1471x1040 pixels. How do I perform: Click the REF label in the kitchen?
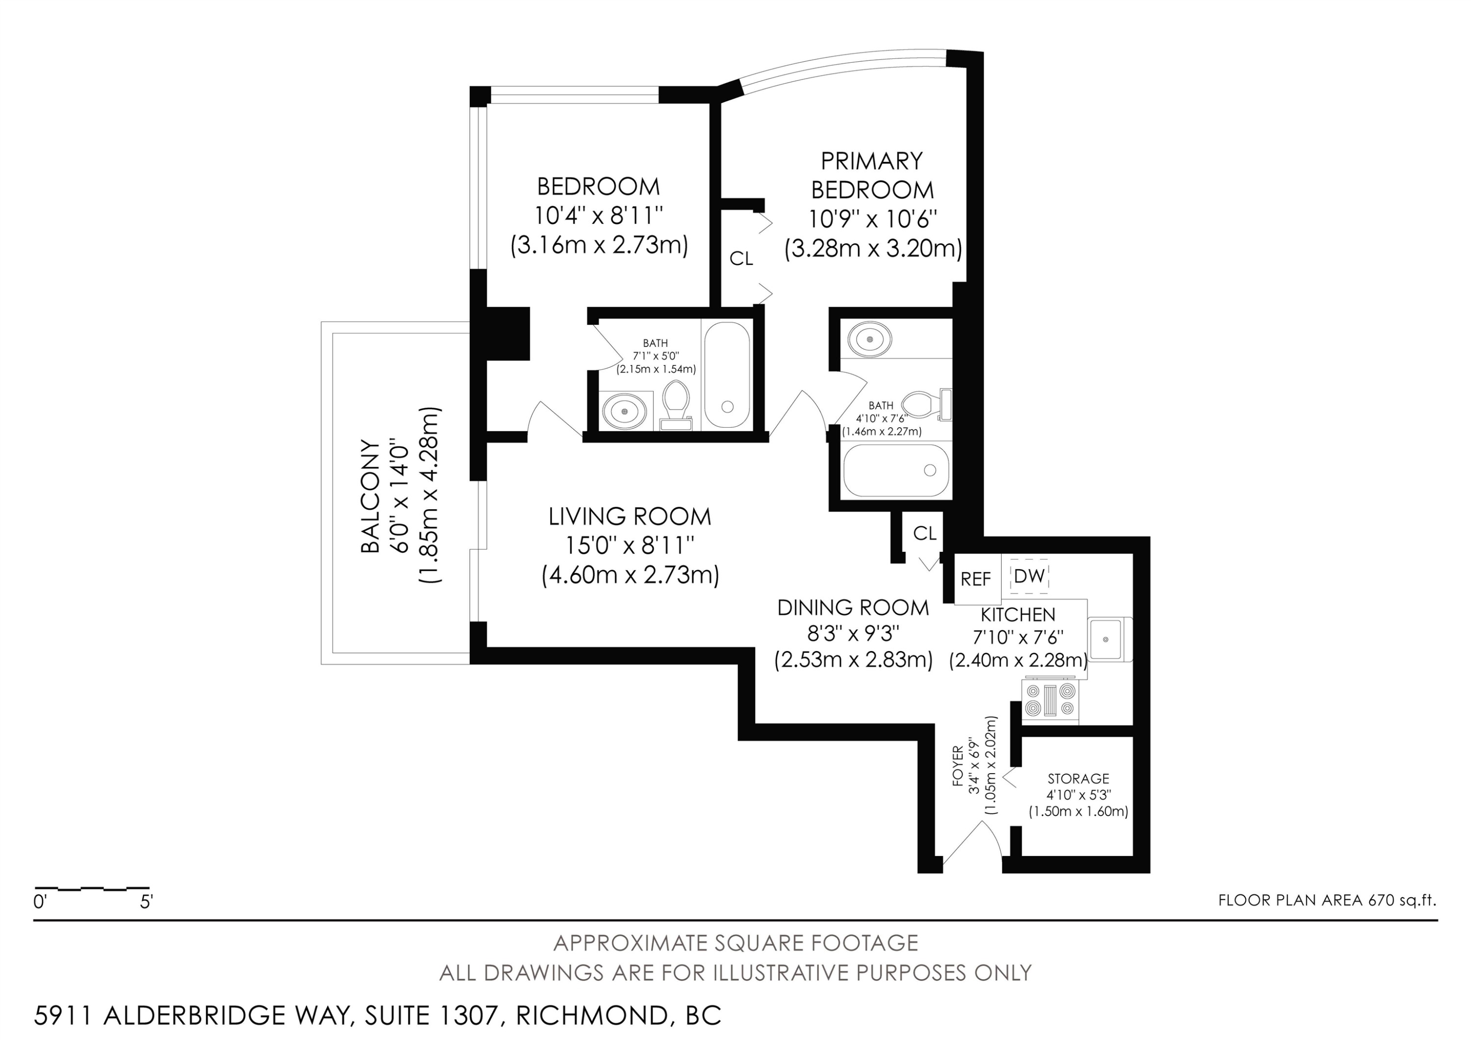coord(976,579)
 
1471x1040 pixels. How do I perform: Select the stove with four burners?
coord(1051,700)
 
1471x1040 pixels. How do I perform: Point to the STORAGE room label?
coord(1078,779)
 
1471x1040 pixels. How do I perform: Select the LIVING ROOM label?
coord(630,517)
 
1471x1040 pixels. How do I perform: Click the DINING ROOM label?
coord(853,607)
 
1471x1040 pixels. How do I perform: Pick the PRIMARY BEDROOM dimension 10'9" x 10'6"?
coord(873,219)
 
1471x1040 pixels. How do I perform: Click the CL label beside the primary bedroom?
coord(741,259)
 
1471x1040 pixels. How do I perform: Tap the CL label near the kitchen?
coord(924,533)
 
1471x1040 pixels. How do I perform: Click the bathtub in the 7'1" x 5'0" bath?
coord(727,375)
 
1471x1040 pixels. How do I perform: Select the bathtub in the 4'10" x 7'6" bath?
coord(896,471)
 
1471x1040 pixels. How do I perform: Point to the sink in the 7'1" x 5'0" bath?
coord(621,410)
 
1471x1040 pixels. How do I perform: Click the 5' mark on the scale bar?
coord(146,902)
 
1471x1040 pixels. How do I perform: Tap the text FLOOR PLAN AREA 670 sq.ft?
coord(1327,900)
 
